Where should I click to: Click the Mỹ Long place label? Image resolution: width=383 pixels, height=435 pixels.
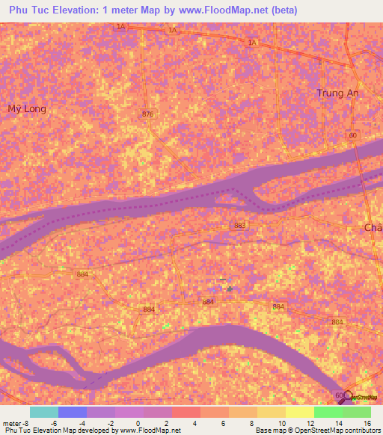27,108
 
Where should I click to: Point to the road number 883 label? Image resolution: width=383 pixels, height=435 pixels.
239,225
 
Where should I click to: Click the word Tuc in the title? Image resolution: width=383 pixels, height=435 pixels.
41,10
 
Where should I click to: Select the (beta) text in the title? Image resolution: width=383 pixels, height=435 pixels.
284,10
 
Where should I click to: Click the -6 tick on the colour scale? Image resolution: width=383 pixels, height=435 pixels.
53,422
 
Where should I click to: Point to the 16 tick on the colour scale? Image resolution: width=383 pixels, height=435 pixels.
366,422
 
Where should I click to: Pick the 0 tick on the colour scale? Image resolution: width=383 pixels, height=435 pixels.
138,422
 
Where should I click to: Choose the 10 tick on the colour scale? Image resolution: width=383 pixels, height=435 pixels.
281,422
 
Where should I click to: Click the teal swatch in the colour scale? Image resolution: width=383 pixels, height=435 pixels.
43,412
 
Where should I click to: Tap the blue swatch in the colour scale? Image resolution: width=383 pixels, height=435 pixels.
73,412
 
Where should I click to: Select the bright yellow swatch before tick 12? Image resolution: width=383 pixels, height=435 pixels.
299,412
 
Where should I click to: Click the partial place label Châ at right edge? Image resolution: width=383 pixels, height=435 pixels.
373,227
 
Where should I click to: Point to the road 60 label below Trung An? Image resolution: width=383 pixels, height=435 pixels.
352,135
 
